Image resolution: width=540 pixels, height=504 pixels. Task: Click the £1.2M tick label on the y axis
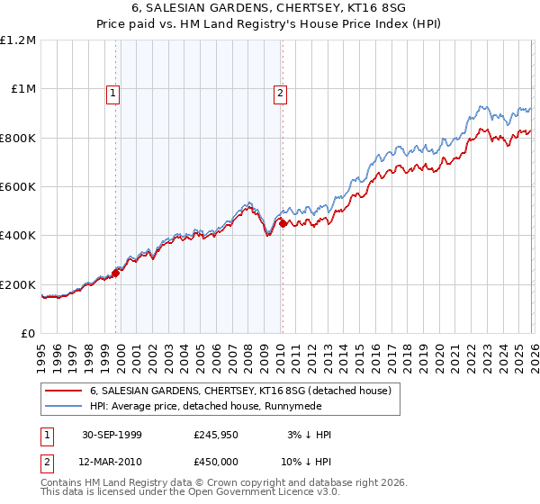pos(18,40)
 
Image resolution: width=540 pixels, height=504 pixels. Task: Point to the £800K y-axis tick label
pos(18,138)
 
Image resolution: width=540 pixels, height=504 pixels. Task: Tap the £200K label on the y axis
pos(18,284)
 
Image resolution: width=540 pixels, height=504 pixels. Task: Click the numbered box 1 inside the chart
pos(113,93)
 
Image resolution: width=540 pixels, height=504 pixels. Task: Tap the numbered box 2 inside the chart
pos(281,93)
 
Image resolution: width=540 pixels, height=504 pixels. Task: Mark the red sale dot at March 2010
pos(283,223)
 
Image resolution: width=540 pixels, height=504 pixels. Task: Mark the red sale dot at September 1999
pos(117,273)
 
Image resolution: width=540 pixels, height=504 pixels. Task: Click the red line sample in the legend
pos(63,391)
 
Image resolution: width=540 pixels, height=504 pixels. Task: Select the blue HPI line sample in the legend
pos(63,408)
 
